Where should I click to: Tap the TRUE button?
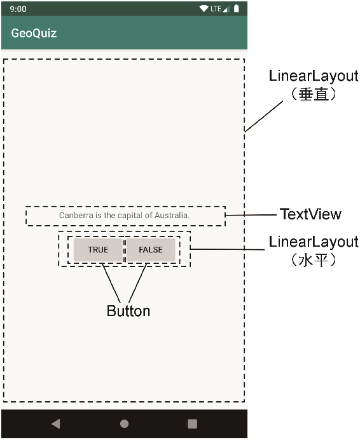click(x=98, y=249)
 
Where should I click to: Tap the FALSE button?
click(x=151, y=249)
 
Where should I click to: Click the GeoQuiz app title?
click(x=34, y=33)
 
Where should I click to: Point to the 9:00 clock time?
click(x=18, y=9)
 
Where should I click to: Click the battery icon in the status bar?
click(x=237, y=9)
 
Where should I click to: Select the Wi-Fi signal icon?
click(x=204, y=9)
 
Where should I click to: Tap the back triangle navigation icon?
click(x=56, y=423)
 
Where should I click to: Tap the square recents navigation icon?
click(x=192, y=423)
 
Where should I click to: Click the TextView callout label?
click(x=310, y=214)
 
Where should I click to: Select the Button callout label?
click(x=128, y=311)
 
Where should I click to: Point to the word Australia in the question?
click(x=172, y=215)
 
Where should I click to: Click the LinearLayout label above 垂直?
click(x=314, y=76)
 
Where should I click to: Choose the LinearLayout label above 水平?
click(x=314, y=242)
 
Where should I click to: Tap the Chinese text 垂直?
click(x=314, y=94)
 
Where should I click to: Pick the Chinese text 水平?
click(x=314, y=260)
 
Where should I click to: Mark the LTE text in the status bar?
click(x=216, y=9)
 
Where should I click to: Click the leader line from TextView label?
click(x=251, y=215)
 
